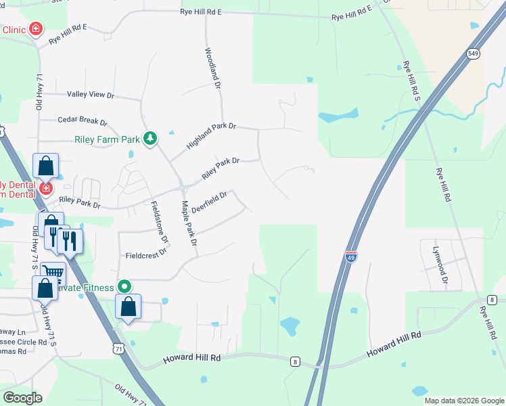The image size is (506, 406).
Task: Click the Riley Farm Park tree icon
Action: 150,139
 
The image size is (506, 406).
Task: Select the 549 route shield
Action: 473,53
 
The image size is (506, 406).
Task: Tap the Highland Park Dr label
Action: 211,135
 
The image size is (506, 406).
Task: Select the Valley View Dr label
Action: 91,95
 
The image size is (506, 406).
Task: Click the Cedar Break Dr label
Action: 83,120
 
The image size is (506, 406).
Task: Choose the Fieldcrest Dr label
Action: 146,256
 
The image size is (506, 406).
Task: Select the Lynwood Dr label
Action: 440,258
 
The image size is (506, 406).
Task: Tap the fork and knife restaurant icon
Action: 69,241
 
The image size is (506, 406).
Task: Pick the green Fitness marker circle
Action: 124,287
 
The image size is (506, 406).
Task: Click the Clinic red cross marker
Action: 35,29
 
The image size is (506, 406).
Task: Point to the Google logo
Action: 22,398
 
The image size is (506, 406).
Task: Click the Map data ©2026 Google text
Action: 463,401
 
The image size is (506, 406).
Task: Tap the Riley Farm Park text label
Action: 107,140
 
